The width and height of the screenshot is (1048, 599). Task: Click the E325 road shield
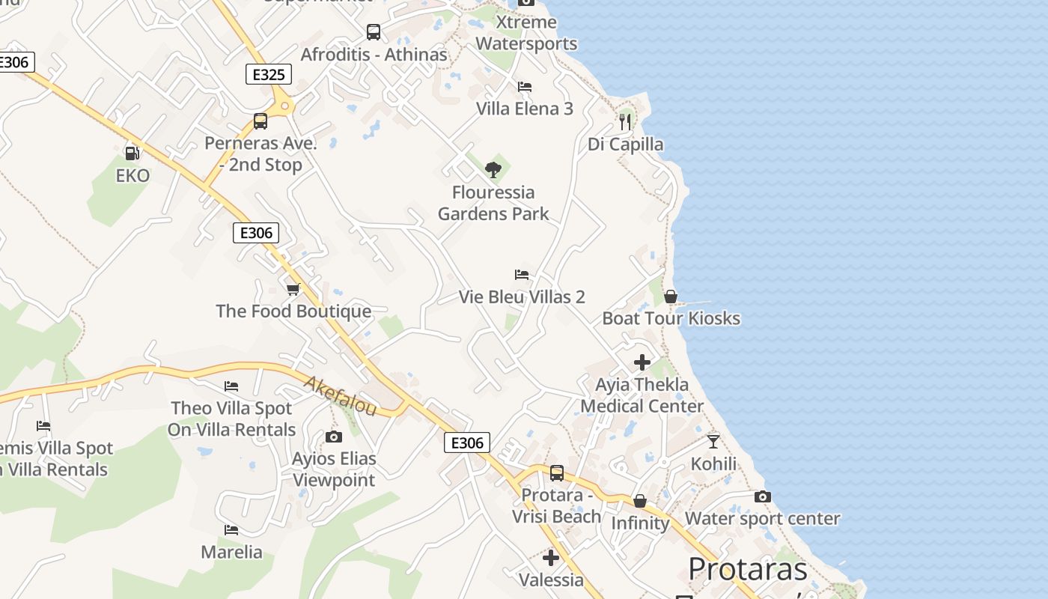[x=268, y=74]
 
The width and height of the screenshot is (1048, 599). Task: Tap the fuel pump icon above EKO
[x=132, y=153]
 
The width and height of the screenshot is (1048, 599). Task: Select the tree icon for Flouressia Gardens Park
[x=493, y=170]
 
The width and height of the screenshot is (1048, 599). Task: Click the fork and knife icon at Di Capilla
[x=625, y=121]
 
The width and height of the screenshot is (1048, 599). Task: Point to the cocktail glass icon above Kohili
[x=713, y=441]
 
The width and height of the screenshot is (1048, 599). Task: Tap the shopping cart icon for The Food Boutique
[x=293, y=289]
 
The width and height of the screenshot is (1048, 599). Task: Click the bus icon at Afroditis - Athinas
[x=374, y=32]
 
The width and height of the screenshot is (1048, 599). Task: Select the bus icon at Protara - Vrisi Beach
[x=557, y=473]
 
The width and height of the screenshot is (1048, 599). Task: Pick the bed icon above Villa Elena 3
[x=525, y=87]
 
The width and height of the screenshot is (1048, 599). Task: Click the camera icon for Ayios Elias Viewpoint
[x=334, y=437]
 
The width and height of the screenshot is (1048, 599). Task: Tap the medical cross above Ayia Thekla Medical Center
[x=642, y=362]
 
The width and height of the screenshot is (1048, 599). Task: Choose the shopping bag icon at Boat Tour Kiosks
[x=671, y=297]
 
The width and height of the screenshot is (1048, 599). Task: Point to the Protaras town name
[x=748, y=570]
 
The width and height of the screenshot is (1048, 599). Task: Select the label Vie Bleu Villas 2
[x=522, y=297]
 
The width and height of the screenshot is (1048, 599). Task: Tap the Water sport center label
[x=762, y=518]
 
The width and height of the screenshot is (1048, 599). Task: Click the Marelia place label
[x=231, y=553]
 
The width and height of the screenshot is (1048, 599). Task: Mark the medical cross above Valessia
[x=551, y=558]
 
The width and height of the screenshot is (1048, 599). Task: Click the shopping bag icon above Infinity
[x=640, y=501]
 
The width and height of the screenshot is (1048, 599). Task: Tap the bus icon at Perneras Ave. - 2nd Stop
[x=261, y=121]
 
